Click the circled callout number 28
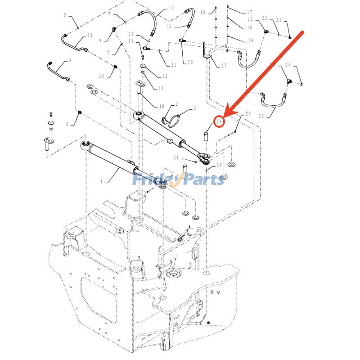click(219, 121)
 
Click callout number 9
click(65, 15)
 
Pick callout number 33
click(90, 36)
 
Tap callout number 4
click(69, 60)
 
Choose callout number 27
click(224, 65)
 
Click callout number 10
click(162, 106)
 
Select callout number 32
click(102, 76)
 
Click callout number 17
click(250, 12)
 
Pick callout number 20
click(190, 62)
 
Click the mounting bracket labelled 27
click(207, 50)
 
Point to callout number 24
click(279, 20)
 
